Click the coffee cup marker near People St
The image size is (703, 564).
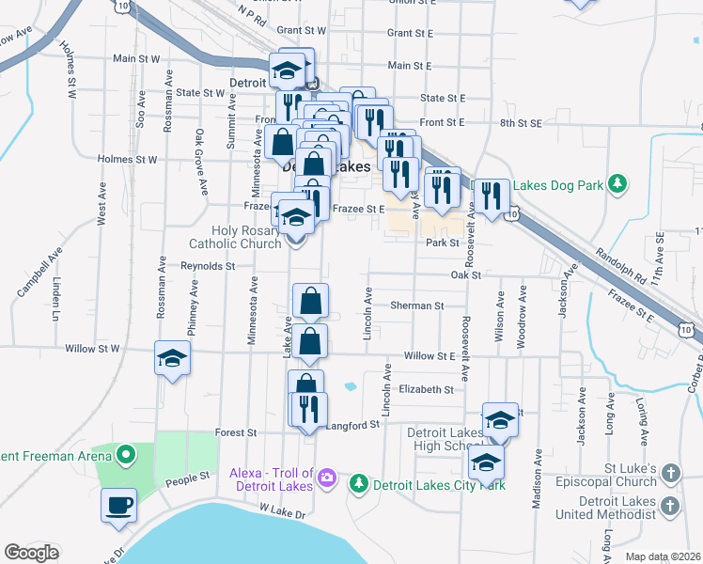coord(119,507)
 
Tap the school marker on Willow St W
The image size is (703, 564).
coord(173,358)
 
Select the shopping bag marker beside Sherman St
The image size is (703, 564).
coord(311,302)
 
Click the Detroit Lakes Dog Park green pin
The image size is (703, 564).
coord(617,182)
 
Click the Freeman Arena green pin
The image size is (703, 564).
coord(125,457)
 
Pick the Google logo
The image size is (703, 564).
coord(31,553)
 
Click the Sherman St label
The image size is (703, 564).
coord(417,305)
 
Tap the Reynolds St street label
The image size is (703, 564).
coord(208,266)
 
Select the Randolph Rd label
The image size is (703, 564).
coord(620,266)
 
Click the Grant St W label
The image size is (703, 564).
coord(301,31)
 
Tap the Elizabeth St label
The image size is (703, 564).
coord(426,389)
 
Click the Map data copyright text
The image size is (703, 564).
coord(662,556)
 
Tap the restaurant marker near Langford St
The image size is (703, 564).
coord(307,409)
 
